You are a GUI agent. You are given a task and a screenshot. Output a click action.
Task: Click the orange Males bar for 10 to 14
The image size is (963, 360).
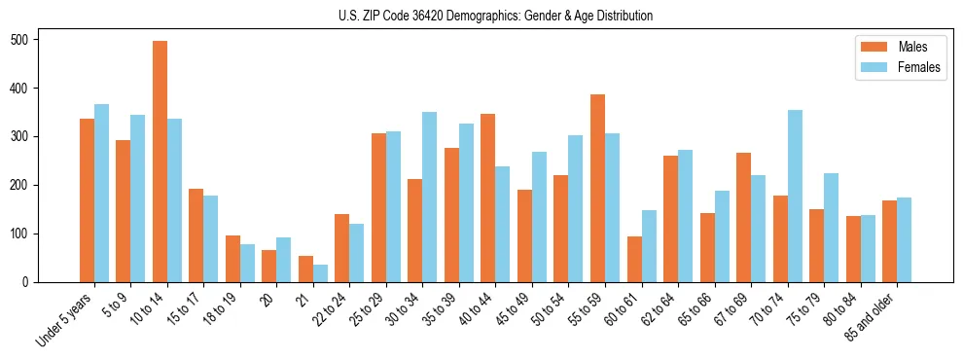tap(160, 162)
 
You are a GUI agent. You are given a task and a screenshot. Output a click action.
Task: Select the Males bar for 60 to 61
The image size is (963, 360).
tap(634, 259)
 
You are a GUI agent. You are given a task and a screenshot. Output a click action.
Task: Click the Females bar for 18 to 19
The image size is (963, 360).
tap(247, 263)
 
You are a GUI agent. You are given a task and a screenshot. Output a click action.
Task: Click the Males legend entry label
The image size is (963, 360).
tap(912, 47)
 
